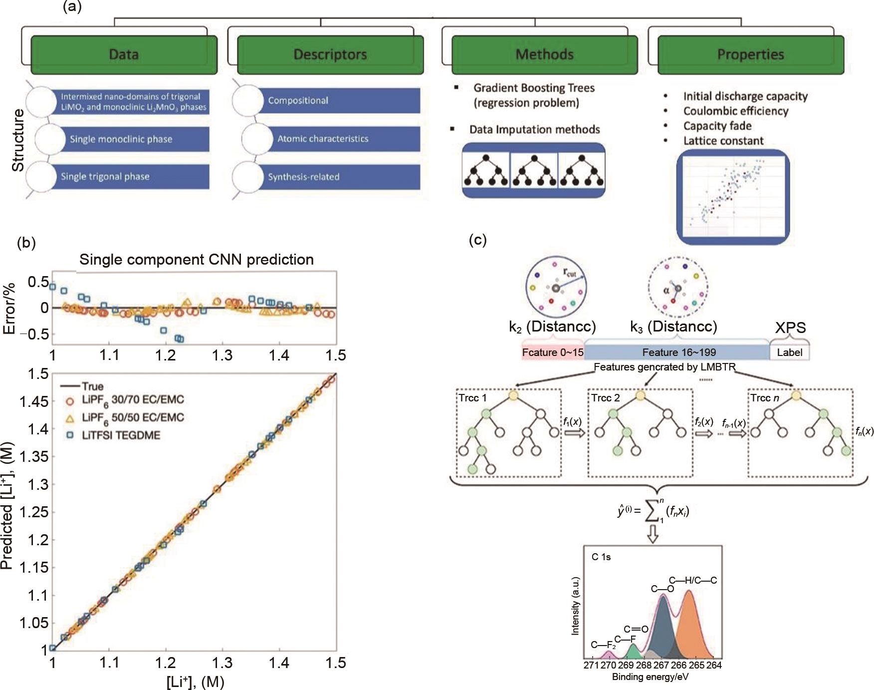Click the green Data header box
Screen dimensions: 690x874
tap(124, 54)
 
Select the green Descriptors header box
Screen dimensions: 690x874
tap(330, 54)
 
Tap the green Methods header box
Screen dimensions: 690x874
tap(544, 54)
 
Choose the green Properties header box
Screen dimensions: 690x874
tap(750, 54)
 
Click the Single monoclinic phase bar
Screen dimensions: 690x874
tap(121, 139)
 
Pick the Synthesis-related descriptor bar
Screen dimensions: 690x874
tap(304, 177)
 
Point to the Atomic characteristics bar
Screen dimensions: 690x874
tap(323, 138)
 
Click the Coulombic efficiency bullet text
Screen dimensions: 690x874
tap(736, 111)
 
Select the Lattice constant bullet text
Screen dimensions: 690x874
tap(723, 141)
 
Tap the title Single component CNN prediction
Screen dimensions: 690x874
tap(197, 260)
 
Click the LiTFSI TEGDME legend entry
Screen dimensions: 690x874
tap(121, 435)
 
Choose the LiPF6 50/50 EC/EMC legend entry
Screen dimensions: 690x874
tap(133, 417)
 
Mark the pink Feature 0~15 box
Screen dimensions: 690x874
tap(552, 352)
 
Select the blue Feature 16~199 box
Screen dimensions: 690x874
tap(678, 352)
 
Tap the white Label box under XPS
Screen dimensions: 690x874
tap(789, 352)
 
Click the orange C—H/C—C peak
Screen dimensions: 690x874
tap(689, 624)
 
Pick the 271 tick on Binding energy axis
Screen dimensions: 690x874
tap(592, 665)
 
